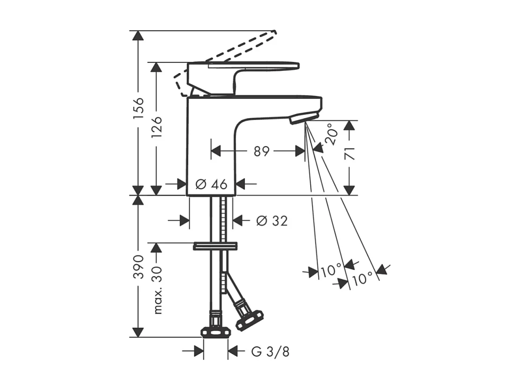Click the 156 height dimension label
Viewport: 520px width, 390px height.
(x=138, y=106)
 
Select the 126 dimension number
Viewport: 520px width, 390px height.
(x=156, y=128)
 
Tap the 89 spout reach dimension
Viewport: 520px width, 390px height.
(x=262, y=151)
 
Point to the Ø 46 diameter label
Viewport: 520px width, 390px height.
(x=211, y=184)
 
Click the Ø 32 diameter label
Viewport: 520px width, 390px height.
(x=272, y=221)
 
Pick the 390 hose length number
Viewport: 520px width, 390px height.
(x=138, y=267)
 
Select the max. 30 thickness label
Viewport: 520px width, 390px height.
(x=158, y=285)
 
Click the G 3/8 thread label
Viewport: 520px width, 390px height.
(x=270, y=352)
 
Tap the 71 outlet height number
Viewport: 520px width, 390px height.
(x=349, y=154)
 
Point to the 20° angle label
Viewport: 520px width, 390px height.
(x=333, y=134)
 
